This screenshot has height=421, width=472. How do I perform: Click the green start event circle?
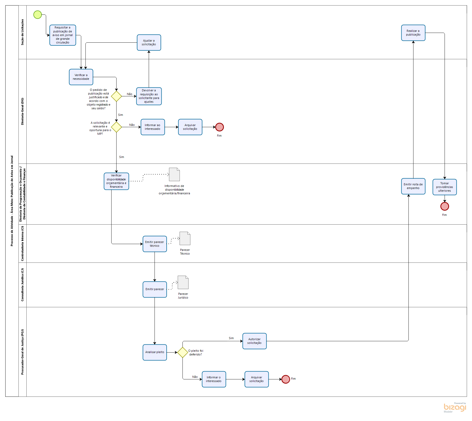click(38, 15)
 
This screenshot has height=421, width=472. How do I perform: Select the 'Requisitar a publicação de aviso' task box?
click(63, 35)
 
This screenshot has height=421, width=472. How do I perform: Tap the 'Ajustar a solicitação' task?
click(149, 42)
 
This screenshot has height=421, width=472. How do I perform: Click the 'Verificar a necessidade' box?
click(81, 77)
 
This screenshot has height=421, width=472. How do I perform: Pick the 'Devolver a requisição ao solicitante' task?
click(149, 96)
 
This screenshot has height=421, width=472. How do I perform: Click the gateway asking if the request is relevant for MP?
click(116, 127)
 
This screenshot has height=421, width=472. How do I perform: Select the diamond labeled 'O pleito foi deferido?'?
click(182, 352)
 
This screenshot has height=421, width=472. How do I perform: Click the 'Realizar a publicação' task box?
click(413, 33)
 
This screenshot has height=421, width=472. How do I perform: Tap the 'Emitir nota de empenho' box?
click(413, 186)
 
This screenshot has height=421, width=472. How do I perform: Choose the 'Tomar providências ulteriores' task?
click(444, 187)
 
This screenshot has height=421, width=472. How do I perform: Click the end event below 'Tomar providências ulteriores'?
click(445, 206)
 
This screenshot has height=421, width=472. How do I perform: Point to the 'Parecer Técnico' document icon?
click(185, 238)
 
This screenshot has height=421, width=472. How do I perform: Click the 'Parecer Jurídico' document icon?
click(183, 282)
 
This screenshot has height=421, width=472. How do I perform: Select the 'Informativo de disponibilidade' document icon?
click(174, 174)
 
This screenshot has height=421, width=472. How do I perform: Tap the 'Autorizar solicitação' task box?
click(254, 341)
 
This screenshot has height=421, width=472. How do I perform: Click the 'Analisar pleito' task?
click(155, 352)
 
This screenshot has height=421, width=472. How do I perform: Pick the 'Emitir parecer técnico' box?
click(155, 244)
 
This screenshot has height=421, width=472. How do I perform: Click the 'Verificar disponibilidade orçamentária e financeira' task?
click(116, 181)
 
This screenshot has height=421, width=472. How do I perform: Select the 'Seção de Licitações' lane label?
click(22, 32)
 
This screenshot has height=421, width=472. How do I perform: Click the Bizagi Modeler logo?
click(455, 407)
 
